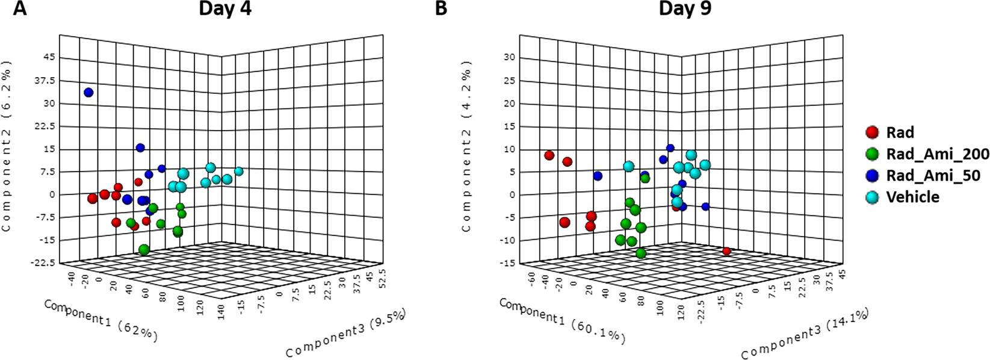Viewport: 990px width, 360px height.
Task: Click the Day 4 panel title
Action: (x=226, y=10)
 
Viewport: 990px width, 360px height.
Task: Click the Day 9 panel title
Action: (x=685, y=10)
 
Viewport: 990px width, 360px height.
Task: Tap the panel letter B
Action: (x=442, y=8)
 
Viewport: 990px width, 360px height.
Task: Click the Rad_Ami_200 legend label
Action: (x=937, y=154)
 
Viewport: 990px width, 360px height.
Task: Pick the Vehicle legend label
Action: (x=912, y=197)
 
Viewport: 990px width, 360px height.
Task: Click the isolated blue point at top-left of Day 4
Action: (x=89, y=93)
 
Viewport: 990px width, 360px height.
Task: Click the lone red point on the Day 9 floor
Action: (x=726, y=251)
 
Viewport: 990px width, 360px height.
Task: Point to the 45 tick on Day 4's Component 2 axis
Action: (x=48, y=57)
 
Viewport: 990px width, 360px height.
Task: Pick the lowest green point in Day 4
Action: (x=144, y=250)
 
